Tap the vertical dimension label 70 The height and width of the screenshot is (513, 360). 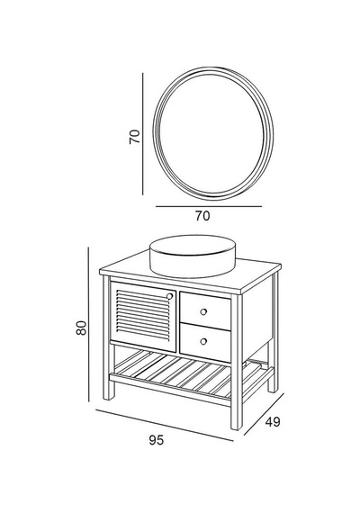click(x=134, y=137)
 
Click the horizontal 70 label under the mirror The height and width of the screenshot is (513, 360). click(x=202, y=216)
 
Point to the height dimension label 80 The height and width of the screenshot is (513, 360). click(x=81, y=328)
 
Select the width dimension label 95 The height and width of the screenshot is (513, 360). click(x=156, y=440)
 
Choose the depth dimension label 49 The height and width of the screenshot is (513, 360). click(x=273, y=422)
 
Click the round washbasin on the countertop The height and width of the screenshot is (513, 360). click(x=193, y=256)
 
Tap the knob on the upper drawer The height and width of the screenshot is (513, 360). click(x=203, y=311)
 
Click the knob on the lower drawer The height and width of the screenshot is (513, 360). click(x=203, y=341)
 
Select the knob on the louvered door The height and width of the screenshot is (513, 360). click(x=169, y=296)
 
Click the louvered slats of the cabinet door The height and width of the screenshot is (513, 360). click(x=143, y=315)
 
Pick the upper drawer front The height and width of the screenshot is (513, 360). click(x=205, y=311)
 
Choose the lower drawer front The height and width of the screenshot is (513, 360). click(x=205, y=342)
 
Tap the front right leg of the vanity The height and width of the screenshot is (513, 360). click(x=237, y=364)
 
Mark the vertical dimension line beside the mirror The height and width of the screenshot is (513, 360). click(x=143, y=133)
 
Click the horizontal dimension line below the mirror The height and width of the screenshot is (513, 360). click(x=209, y=206)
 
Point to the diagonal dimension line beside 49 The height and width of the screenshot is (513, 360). click(x=264, y=415)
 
